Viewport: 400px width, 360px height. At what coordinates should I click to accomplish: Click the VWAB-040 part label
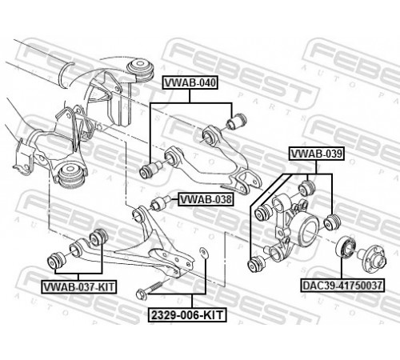tap(190, 82)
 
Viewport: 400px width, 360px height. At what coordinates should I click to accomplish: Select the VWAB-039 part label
tap(316, 154)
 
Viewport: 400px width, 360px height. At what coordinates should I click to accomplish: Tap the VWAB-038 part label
tap(206, 199)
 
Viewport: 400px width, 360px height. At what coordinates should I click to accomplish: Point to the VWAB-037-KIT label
tap(78, 286)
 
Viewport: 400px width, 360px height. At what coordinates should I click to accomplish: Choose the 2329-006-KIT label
tap(187, 315)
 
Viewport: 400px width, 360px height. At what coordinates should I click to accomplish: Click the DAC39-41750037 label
tap(342, 286)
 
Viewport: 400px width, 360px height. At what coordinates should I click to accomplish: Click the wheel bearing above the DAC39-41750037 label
tap(346, 247)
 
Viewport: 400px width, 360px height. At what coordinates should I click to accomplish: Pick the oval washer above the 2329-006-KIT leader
tap(204, 253)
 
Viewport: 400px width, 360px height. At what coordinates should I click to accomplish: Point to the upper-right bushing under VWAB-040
tap(237, 121)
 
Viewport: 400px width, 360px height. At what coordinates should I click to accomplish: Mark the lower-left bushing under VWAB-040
tap(150, 170)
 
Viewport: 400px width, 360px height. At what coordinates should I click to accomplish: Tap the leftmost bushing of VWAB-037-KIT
tap(56, 261)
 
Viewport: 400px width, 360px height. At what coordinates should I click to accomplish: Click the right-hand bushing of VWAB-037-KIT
tap(98, 237)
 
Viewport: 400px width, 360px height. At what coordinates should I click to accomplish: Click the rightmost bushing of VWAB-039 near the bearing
tap(332, 222)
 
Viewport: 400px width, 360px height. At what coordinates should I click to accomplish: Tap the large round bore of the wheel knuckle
tap(310, 230)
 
